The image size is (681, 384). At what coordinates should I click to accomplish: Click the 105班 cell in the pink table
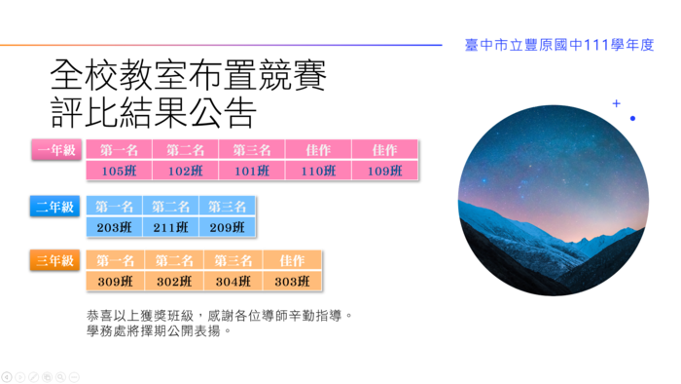click(x=119, y=171)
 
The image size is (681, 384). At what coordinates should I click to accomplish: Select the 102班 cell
click(x=186, y=171)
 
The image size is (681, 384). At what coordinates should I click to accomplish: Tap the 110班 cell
click(x=318, y=171)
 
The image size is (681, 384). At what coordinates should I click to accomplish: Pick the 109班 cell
click(x=385, y=171)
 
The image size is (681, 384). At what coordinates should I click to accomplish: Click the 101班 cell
click(x=252, y=171)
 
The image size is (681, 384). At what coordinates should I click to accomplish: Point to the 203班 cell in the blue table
click(x=114, y=227)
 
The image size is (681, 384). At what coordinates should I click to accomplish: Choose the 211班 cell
click(x=170, y=227)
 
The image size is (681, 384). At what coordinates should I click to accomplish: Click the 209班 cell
click(x=227, y=227)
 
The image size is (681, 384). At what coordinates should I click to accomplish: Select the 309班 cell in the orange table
click(x=115, y=282)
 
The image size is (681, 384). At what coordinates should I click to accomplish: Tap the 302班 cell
click(x=174, y=282)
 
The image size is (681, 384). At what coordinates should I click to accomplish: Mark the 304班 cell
click(x=233, y=282)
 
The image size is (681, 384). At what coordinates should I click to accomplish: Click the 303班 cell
click(x=292, y=282)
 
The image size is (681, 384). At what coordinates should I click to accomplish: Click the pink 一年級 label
click(x=56, y=150)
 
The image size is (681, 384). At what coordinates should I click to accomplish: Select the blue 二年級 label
click(x=54, y=207)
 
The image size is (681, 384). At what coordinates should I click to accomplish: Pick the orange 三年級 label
click(x=54, y=260)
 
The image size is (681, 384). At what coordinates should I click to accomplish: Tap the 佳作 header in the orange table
click(x=292, y=260)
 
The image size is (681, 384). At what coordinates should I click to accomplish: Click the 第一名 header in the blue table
click(x=114, y=207)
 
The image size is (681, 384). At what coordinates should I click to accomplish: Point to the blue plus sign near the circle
click(x=616, y=103)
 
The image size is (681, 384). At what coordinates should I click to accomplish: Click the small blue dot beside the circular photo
click(x=632, y=118)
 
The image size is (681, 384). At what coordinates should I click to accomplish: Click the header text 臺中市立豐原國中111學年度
click(x=559, y=45)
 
